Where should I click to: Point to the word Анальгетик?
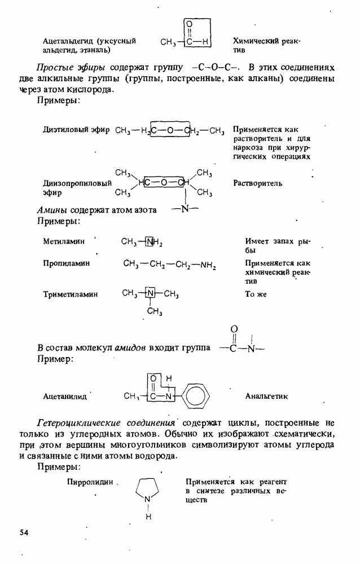pos(266,396)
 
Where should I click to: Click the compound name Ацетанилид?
pos(65,396)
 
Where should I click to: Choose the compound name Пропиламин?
pos(66,263)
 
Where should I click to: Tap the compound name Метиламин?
pos(64,241)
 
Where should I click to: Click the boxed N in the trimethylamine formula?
pos(151,294)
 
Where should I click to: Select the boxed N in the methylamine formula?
pos(150,243)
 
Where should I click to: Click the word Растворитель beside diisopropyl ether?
pos(257,183)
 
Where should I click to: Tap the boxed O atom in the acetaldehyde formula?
pos(189,24)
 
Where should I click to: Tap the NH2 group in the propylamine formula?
pos(208,264)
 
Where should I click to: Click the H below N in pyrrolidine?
pos(148,516)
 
